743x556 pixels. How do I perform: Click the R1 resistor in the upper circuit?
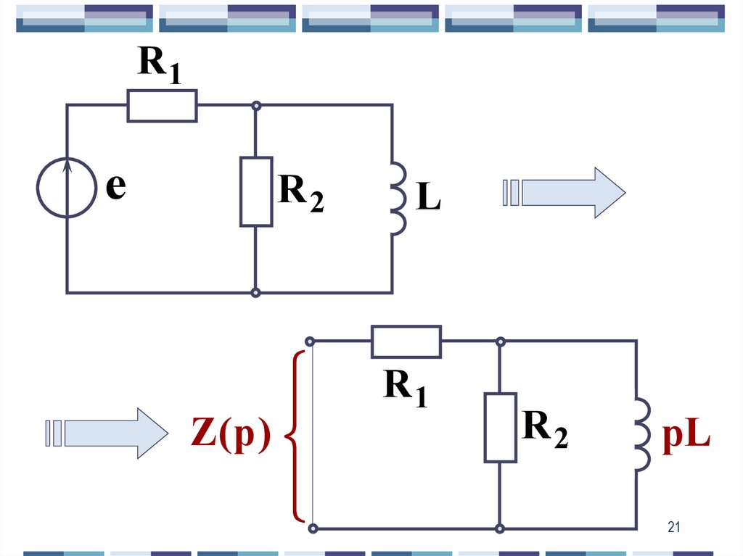point(162,106)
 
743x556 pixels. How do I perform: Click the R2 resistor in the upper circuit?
point(256,191)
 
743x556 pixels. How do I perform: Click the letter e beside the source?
point(115,188)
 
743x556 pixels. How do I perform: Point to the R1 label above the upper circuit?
point(160,67)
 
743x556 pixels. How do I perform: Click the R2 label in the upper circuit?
point(300,194)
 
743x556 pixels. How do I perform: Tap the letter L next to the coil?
point(428,198)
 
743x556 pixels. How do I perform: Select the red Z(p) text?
point(231,436)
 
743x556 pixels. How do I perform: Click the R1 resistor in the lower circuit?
point(406,341)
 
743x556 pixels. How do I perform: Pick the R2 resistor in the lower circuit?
point(500,428)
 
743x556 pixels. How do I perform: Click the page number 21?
point(674,528)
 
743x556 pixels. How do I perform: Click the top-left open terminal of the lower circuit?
point(310,341)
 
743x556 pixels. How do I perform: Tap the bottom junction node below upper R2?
point(255,293)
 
